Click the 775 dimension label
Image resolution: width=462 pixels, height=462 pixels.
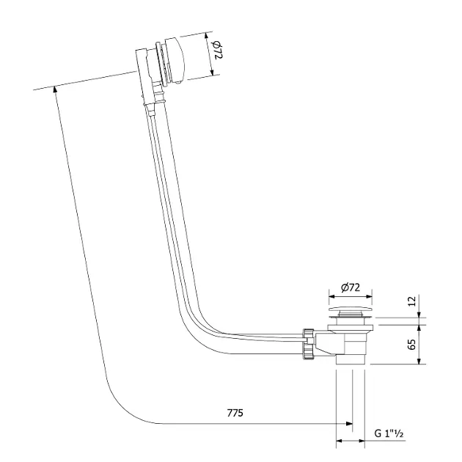(235, 413)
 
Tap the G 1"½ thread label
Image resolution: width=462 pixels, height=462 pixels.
(389, 433)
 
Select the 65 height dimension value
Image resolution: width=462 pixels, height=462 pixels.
(412, 344)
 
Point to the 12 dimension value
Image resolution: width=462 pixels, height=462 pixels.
(412, 301)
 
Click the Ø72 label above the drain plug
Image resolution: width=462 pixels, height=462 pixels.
(351, 287)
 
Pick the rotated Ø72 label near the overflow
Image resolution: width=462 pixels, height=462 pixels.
(216, 50)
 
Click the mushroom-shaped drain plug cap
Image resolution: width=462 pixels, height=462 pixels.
(351, 310)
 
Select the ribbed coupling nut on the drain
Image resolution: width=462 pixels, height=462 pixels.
(308, 344)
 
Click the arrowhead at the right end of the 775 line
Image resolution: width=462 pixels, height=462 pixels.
(350, 424)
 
